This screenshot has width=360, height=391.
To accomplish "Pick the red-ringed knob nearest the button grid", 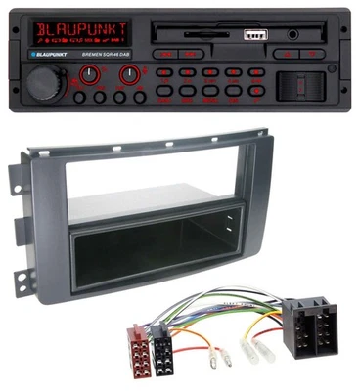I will tap(127, 73).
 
